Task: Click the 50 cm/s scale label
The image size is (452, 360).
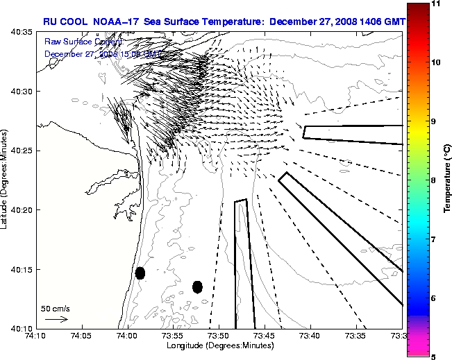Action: pos(56,308)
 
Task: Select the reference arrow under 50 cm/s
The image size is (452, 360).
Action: pos(56,319)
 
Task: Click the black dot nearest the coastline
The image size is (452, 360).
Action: pos(140,273)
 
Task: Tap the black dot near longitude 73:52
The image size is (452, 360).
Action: pos(197,286)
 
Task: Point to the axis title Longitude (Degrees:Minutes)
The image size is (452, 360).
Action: pos(219,345)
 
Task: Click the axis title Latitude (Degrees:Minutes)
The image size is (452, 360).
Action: pos(6,179)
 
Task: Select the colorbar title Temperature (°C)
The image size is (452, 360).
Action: pos(448,180)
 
